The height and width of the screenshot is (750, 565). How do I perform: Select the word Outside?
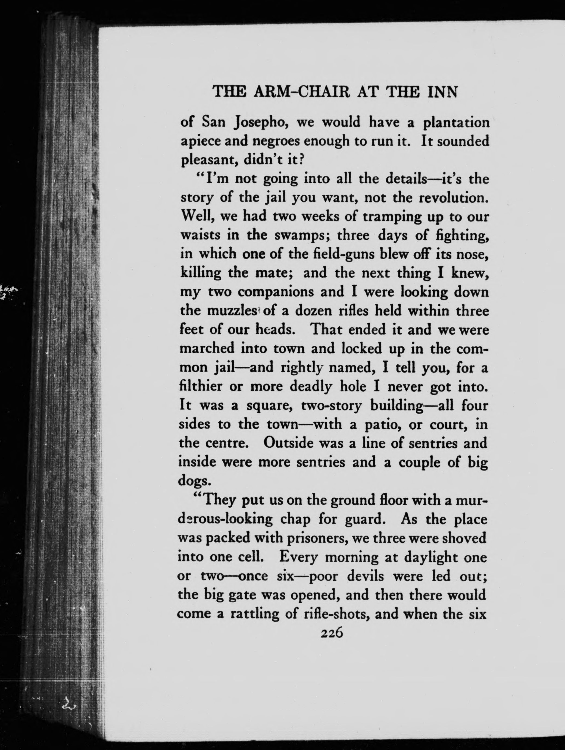pyautogui.click(x=290, y=443)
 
